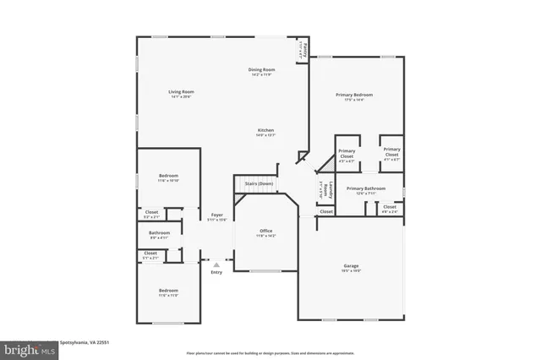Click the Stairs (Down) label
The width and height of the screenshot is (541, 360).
coord(259,183)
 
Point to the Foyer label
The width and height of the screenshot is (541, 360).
coord(216,215)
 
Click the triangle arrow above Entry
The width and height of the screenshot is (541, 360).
coord(216,265)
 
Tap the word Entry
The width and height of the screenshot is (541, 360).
coord(216,272)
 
